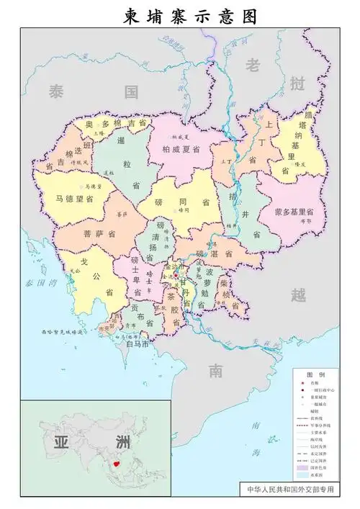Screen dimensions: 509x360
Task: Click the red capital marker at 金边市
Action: (x=174, y=275)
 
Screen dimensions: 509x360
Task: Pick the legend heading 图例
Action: (x=315, y=376)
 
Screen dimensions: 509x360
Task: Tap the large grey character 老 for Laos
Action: (x=253, y=66)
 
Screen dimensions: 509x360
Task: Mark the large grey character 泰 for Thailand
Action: (x=58, y=91)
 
